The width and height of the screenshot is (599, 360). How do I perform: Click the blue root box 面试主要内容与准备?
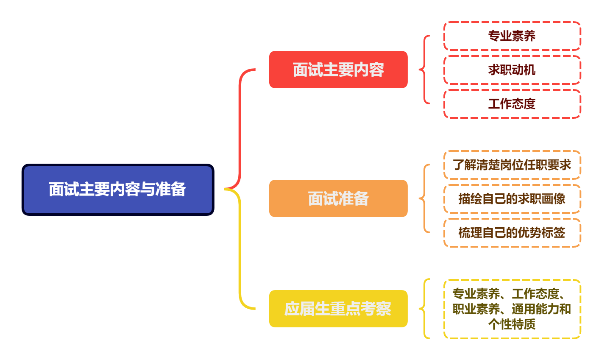[x=118, y=190]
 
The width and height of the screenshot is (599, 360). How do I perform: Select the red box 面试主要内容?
[x=338, y=70]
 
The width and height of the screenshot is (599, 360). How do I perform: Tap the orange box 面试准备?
[x=338, y=198]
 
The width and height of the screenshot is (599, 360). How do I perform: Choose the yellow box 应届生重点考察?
[x=338, y=309]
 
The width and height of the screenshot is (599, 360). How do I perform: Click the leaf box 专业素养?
[x=512, y=36]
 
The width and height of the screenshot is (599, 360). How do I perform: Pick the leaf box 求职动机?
[x=512, y=70]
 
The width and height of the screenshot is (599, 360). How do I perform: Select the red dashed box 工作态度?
[x=512, y=104]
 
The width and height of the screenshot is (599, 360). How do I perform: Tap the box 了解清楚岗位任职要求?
[x=512, y=165]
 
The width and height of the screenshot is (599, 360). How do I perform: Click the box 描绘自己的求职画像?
[x=512, y=199]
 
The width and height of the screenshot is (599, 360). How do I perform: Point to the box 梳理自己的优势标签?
[x=512, y=233]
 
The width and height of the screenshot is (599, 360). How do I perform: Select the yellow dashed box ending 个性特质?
[x=512, y=309]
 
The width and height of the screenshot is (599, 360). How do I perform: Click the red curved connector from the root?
[x=240, y=127]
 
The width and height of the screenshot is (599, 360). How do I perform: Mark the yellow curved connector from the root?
[x=240, y=250]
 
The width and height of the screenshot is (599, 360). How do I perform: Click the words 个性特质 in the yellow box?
[x=512, y=324]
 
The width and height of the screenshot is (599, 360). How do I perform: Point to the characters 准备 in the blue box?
[x=171, y=190]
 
